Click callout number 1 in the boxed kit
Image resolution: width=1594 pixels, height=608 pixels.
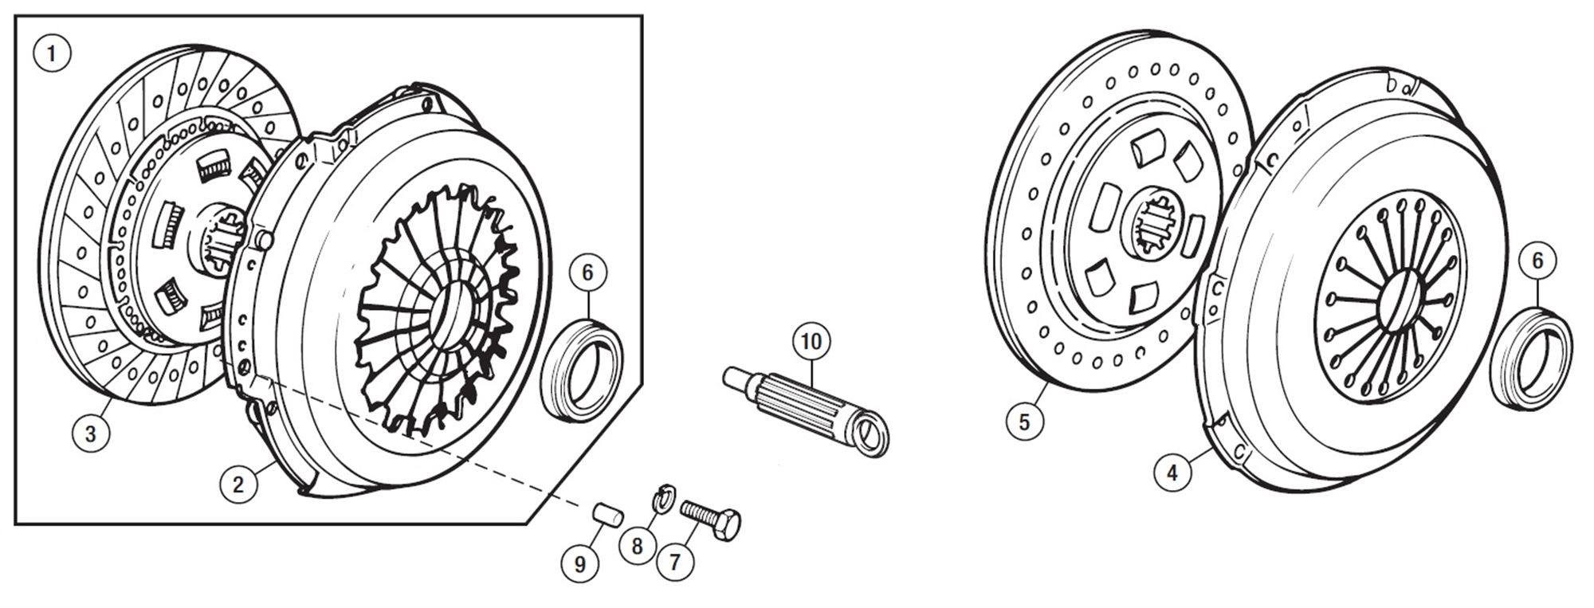click(x=53, y=54)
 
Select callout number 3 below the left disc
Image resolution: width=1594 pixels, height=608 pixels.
click(x=90, y=434)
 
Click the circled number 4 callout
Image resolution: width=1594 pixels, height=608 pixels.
click(x=1172, y=473)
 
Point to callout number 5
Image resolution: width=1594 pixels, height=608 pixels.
click(x=1024, y=421)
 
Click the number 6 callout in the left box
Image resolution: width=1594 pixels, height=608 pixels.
click(x=587, y=273)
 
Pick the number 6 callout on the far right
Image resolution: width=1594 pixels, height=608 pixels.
click(x=1537, y=261)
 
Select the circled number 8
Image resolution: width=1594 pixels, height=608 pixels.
click(x=637, y=547)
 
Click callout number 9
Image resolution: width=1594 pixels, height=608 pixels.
click(x=579, y=564)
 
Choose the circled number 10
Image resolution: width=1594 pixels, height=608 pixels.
click(x=811, y=343)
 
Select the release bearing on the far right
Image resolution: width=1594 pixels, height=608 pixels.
click(x=1530, y=356)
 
